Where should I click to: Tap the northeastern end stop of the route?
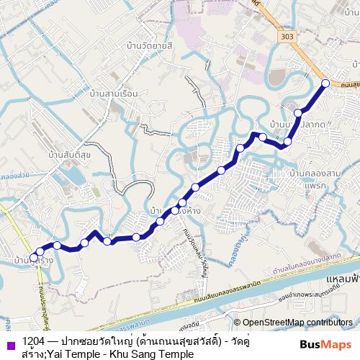pyautogui.click(x=325, y=84)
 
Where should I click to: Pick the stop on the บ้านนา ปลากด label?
pyautogui.click(x=298, y=113)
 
